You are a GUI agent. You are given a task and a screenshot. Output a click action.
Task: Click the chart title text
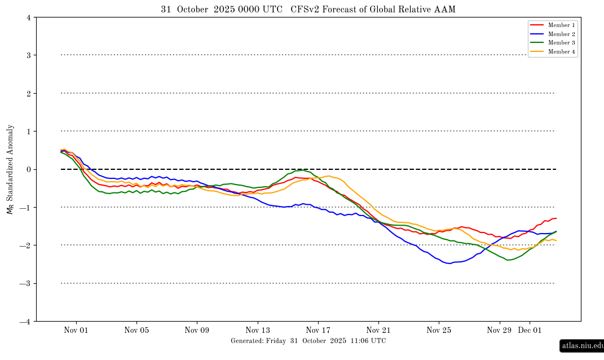[308, 10]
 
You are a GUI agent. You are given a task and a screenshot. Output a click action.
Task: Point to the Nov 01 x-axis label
[76, 331]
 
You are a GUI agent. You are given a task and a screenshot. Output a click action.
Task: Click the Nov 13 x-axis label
[258, 331]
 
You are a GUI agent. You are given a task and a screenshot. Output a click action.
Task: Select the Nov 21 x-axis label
[378, 331]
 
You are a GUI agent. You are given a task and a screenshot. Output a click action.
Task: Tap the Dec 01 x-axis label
[530, 331]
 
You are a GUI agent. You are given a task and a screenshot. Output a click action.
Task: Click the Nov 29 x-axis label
[499, 331]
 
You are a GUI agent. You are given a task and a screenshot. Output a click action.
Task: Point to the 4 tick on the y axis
[28, 17]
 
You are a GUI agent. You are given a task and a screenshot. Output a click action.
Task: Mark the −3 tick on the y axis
[26, 283]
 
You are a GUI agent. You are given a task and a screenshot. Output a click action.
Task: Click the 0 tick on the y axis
[28, 169]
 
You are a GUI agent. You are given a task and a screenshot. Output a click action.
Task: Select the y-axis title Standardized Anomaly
[10, 169]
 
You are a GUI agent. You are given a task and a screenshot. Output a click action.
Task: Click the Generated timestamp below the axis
[308, 341]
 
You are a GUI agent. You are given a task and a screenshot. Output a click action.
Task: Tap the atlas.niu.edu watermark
[581, 346]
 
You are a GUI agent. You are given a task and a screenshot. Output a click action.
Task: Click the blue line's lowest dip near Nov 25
[449, 264]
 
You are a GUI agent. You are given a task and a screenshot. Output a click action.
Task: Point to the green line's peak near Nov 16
[303, 170]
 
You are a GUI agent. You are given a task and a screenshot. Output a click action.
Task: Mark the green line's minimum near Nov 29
[509, 260]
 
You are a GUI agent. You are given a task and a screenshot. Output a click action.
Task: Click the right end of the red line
[556, 218]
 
